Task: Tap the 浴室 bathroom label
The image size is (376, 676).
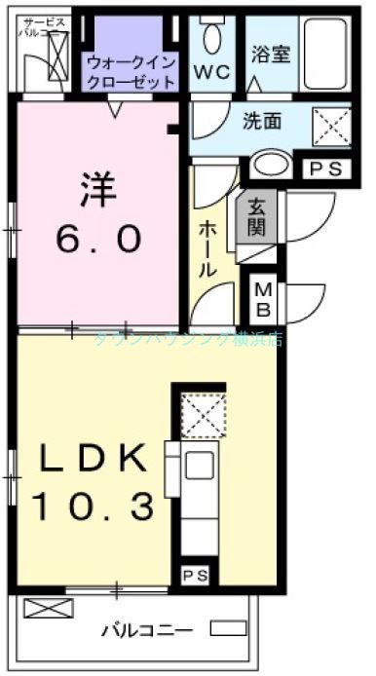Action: point(271,55)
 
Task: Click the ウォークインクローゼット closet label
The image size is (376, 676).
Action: point(131,71)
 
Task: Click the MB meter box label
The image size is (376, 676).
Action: point(263,300)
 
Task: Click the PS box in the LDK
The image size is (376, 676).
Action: point(194,576)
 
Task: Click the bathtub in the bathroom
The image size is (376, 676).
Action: point(325,55)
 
